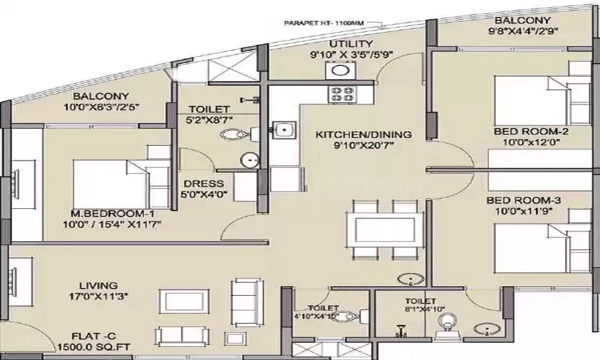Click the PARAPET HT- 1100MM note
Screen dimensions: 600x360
[324, 23]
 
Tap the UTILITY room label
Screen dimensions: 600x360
[351, 44]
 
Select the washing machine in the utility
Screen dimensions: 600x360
[341, 71]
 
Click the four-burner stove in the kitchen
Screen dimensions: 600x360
[342, 94]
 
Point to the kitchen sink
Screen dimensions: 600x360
[284, 129]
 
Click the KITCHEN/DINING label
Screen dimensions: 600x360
[364, 134]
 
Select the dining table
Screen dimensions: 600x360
[385, 230]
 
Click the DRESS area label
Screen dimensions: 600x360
[203, 184]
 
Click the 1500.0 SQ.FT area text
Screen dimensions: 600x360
[94, 347]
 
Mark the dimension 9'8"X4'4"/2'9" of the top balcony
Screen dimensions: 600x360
[522, 31]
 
